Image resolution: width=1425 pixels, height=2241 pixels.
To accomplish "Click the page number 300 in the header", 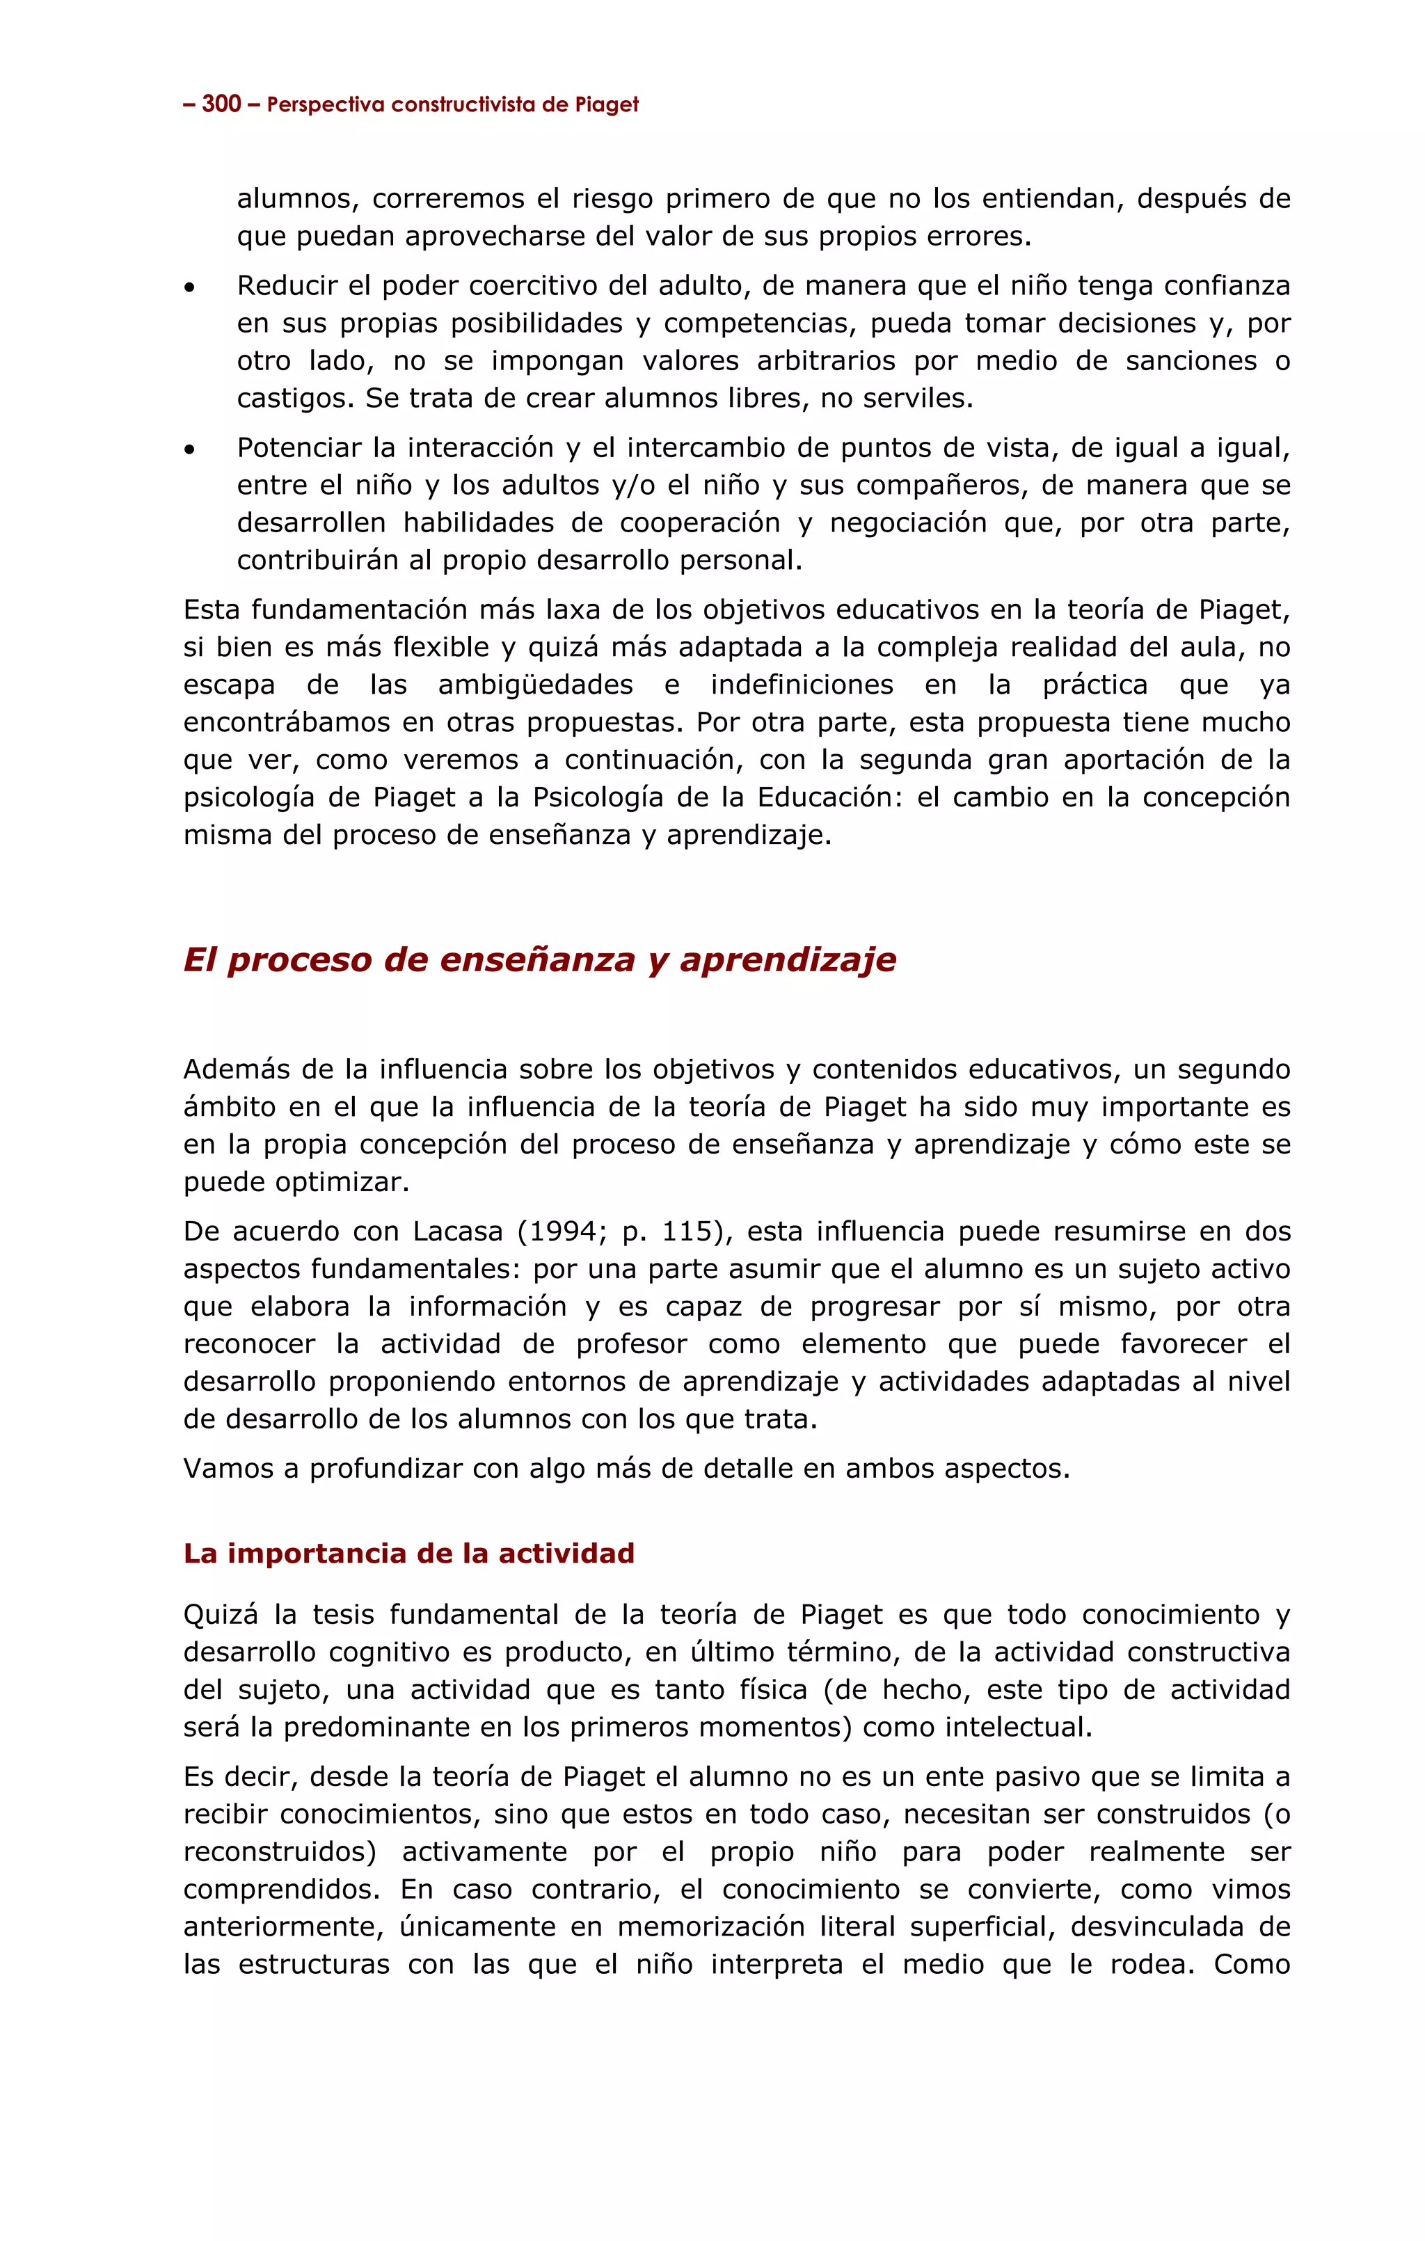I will (221, 104).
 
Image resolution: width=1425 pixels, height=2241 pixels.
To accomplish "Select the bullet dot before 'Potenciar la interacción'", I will (190, 450).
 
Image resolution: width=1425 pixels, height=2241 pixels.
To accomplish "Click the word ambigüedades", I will (535, 686).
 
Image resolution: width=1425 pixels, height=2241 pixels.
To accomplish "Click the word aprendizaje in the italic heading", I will (788, 959).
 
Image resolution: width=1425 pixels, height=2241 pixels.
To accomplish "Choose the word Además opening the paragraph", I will (232, 1070).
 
